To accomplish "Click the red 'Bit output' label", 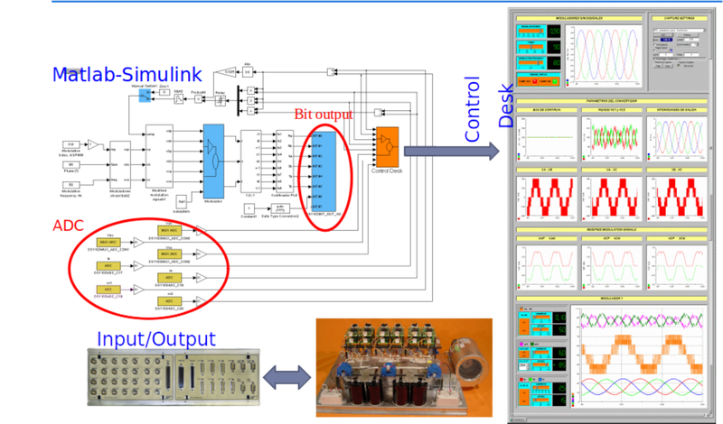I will pyautogui.click(x=327, y=115).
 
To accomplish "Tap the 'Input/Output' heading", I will pyautogui.click(x=156, y=339).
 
